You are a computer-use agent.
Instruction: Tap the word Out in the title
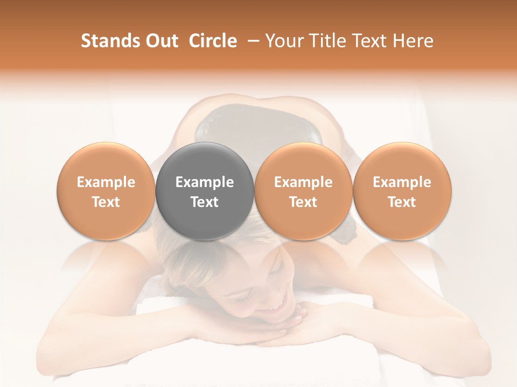(x=161, y=41)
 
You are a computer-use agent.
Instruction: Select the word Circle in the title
(x=213, y=41)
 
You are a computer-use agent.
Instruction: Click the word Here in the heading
(x=413, y=41)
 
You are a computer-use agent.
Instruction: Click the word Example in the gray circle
(x=205, y=182)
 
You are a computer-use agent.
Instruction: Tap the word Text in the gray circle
(x=205, y=202)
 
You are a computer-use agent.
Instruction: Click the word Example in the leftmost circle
(x=106, y=182)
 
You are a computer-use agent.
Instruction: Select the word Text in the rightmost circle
(x=402, y=202)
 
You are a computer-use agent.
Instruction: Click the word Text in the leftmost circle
(x=106, y=202)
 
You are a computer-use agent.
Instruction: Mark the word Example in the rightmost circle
(x=402, y=182)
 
